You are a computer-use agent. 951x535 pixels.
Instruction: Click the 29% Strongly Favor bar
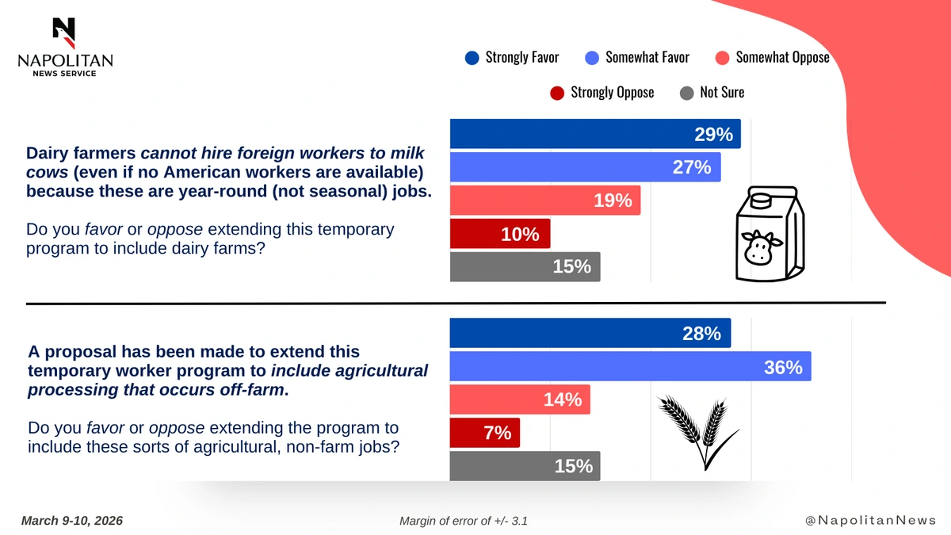(594, 134)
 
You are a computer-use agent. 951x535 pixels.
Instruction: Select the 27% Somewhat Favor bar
(585, 167)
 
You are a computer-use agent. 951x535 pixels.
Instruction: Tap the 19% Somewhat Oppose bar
(544, 201)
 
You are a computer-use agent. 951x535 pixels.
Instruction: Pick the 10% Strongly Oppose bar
(499, 234)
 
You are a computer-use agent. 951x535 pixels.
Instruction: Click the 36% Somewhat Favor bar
(630, 367)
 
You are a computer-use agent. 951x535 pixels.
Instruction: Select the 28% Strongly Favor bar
(590, 334)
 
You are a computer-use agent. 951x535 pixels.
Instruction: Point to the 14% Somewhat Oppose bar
(519, 400)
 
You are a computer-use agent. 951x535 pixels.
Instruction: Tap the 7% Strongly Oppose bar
(484, 433)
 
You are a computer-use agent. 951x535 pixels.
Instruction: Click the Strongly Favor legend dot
(472, 57)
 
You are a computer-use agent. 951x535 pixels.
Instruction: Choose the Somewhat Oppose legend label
(782, 57)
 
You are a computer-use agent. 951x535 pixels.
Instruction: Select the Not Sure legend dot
(687, 93)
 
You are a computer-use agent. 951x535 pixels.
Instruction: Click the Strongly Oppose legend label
(612, 93)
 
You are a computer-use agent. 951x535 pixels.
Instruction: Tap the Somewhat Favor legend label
(647, 57)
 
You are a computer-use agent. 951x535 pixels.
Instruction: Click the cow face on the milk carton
(761, 246)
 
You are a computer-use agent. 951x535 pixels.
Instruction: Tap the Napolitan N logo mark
(64, 32)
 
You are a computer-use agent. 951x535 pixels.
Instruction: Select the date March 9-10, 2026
(72, 521)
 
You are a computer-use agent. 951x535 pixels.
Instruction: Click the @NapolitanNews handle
(870, 521)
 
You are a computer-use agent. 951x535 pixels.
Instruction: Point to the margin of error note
(464, 521)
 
